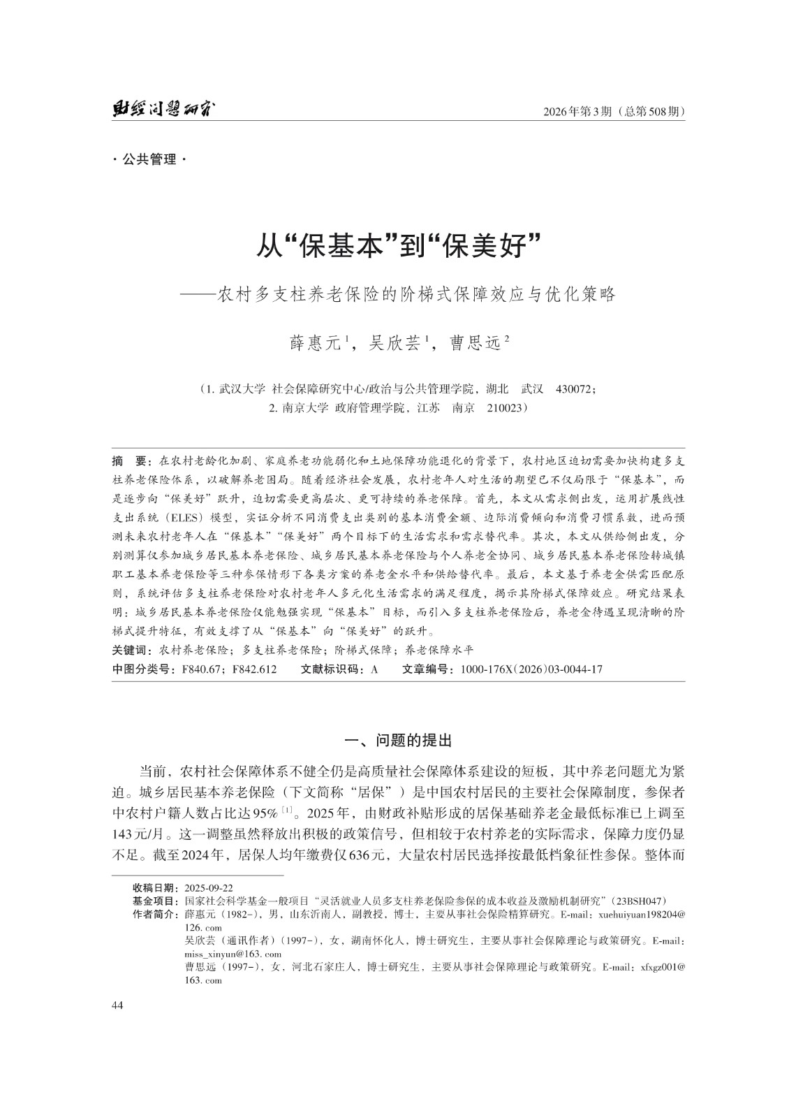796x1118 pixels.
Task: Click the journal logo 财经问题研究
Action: click(163, 110)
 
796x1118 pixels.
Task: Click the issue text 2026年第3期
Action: click(579, 111)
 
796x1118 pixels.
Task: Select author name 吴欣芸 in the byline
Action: click(394, 342)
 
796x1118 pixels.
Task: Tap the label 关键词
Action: click(133, 649)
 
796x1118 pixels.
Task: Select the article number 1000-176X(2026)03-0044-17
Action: click(531, 669)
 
